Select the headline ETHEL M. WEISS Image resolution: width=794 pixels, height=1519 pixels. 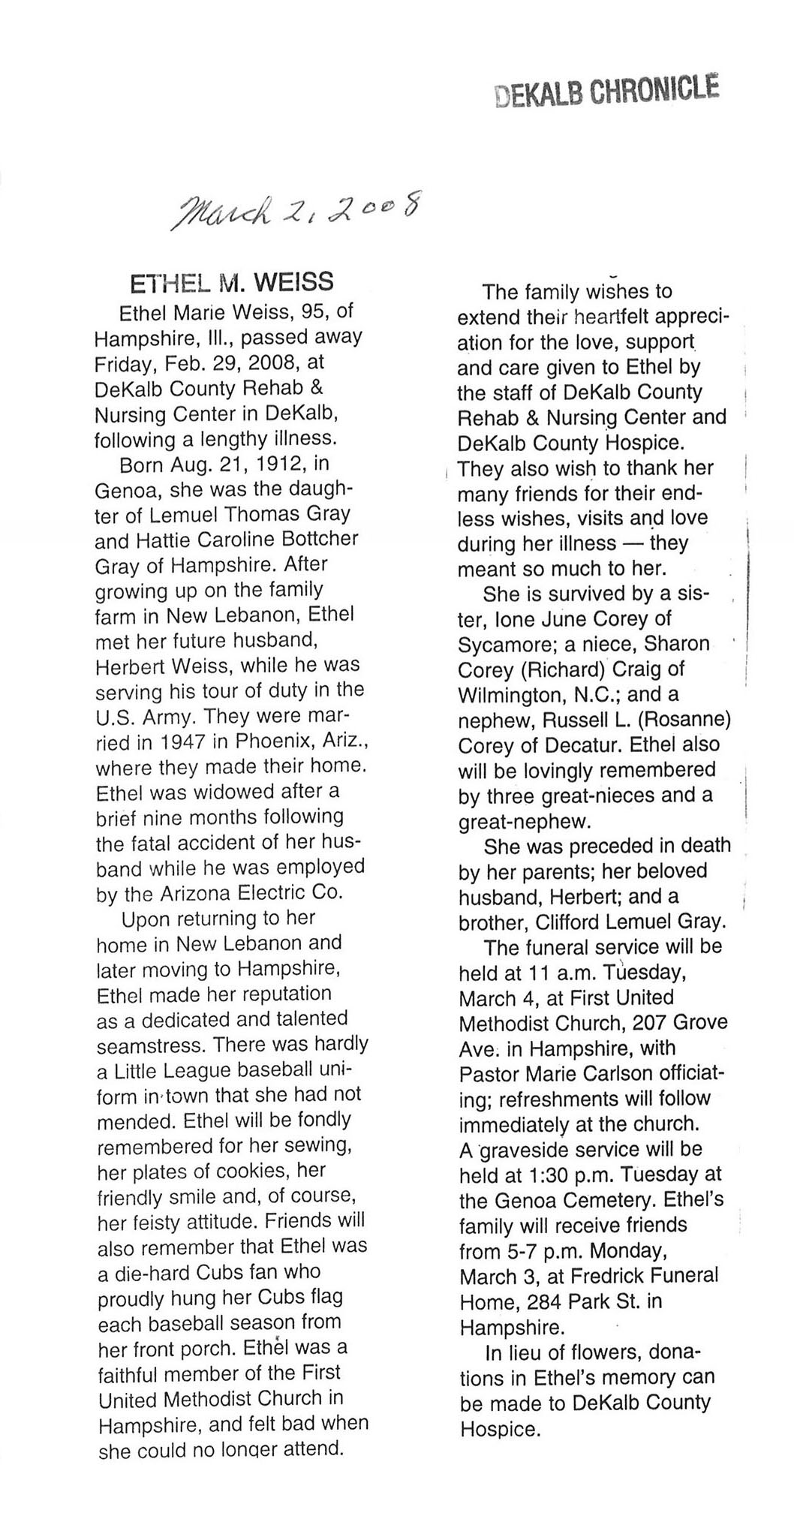pos(232,282)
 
